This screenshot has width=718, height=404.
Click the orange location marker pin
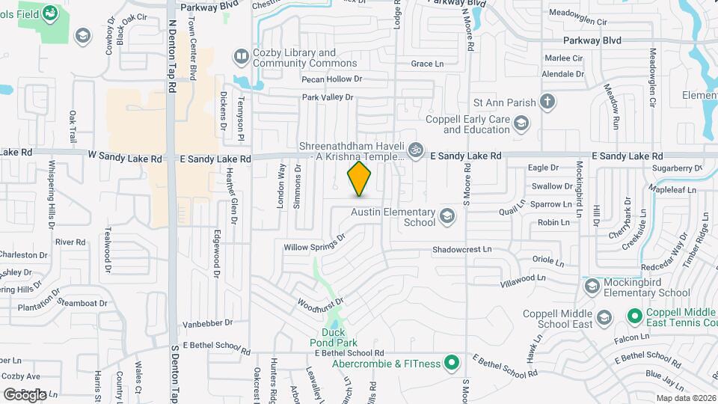pos(360,179)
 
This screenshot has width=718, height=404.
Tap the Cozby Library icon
pos(241,56)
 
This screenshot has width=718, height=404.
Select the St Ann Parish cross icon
pos(547,102)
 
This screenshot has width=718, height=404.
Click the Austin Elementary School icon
pos(447,217)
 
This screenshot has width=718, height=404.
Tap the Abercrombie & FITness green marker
pos(451,364)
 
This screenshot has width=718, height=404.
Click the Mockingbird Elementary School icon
pos(592,287)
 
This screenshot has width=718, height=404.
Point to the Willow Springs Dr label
pos(314,242)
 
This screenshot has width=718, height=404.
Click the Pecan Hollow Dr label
pos(331,79)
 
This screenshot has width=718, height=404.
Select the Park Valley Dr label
pos(327,97)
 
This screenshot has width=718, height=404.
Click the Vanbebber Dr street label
pos(208,324)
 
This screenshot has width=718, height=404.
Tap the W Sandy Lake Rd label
pos(125,159)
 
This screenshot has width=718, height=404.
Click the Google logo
pos(25,394)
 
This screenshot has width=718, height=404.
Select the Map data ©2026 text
pos(686,398)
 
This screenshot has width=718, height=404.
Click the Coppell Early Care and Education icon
pos(521,123)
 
